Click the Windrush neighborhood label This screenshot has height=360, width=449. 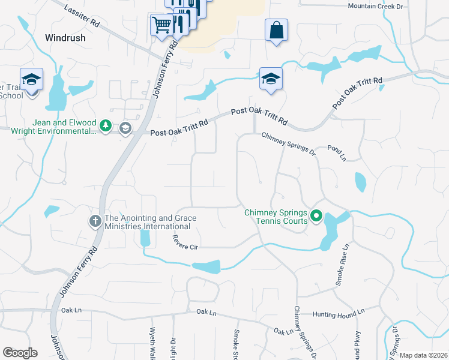pyautogui.click(x=65, y=37)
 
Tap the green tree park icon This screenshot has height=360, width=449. pyautogui.click(x=106, y=125)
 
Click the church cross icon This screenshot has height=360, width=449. pyautogui.click(x=95, y=221)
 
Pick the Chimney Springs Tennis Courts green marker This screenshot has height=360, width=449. pyautogui.click(x=316, y=215)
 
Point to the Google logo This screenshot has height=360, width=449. pyautogui.click(x=20, y=353)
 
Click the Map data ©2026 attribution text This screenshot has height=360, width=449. pyautogui.click(x=424, y=355)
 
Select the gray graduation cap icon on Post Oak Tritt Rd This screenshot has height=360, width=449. pyautogui.click(x=125, y=128)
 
